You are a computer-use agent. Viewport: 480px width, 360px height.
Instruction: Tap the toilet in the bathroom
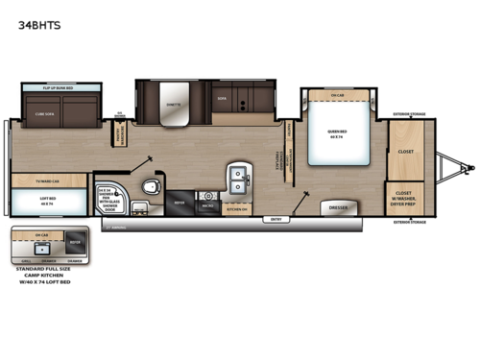tap(151, 185)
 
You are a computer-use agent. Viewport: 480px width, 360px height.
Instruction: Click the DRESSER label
tap(338, 206)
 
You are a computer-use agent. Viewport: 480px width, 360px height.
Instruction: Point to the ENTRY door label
tap(278, 219)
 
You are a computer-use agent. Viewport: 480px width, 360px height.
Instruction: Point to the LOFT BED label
tap(46, 202)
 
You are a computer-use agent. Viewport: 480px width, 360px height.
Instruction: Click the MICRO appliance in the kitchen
tap(207, 204)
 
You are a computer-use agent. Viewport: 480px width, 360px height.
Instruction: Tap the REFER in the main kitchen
tap(180, 204)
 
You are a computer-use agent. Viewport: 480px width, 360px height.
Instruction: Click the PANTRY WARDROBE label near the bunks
tap(122, 136)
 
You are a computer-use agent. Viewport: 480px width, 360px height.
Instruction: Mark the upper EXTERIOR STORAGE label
tap(408, 114)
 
